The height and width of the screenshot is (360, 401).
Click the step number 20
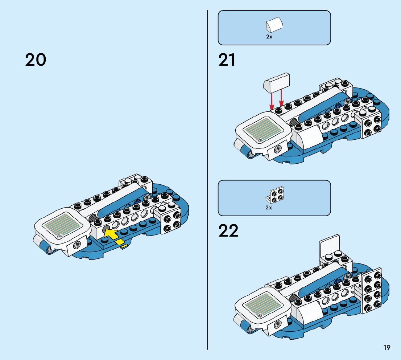click(36, 60)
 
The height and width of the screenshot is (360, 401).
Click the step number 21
click(227, 60)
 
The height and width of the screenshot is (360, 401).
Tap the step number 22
click(228, 231)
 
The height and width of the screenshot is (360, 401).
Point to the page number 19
click(387, 348)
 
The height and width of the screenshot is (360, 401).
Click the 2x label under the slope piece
click(269, 37)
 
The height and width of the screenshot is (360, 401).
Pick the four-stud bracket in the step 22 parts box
click(276, 195)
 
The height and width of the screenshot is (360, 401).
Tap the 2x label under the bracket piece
click(269, 208)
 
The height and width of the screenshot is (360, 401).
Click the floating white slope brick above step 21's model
click(278, 82)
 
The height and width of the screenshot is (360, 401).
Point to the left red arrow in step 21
click(272, 99)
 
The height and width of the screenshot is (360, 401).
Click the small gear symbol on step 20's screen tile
click(59, 236)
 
